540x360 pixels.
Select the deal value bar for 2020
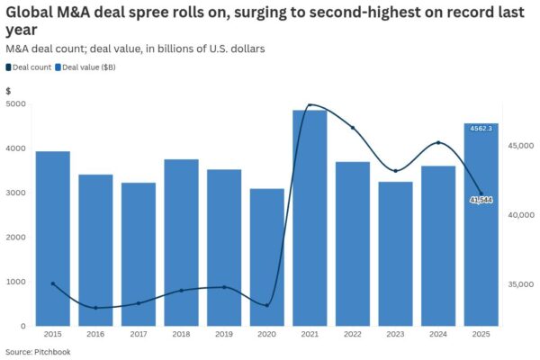click(267, 257)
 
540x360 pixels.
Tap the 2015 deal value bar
click(53, 238)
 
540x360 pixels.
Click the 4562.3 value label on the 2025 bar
click(481, 128)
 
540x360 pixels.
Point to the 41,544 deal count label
click(481, 200)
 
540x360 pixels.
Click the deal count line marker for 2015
click(53, 283)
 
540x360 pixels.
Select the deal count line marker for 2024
click(438, 143)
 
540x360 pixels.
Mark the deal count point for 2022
click(353, 128)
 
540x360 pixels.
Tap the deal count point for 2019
click(224, 287)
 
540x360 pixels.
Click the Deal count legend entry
click(31, 67)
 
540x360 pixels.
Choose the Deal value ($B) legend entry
click(89, 67)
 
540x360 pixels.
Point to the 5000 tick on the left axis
click(15, 104)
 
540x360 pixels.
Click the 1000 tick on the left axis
click(15, 282)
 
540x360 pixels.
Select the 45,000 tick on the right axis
click(520, 146)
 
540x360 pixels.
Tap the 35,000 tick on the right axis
click(520, 284)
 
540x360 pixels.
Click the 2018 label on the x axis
click(181, 335)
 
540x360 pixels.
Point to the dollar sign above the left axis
click(8, 91)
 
